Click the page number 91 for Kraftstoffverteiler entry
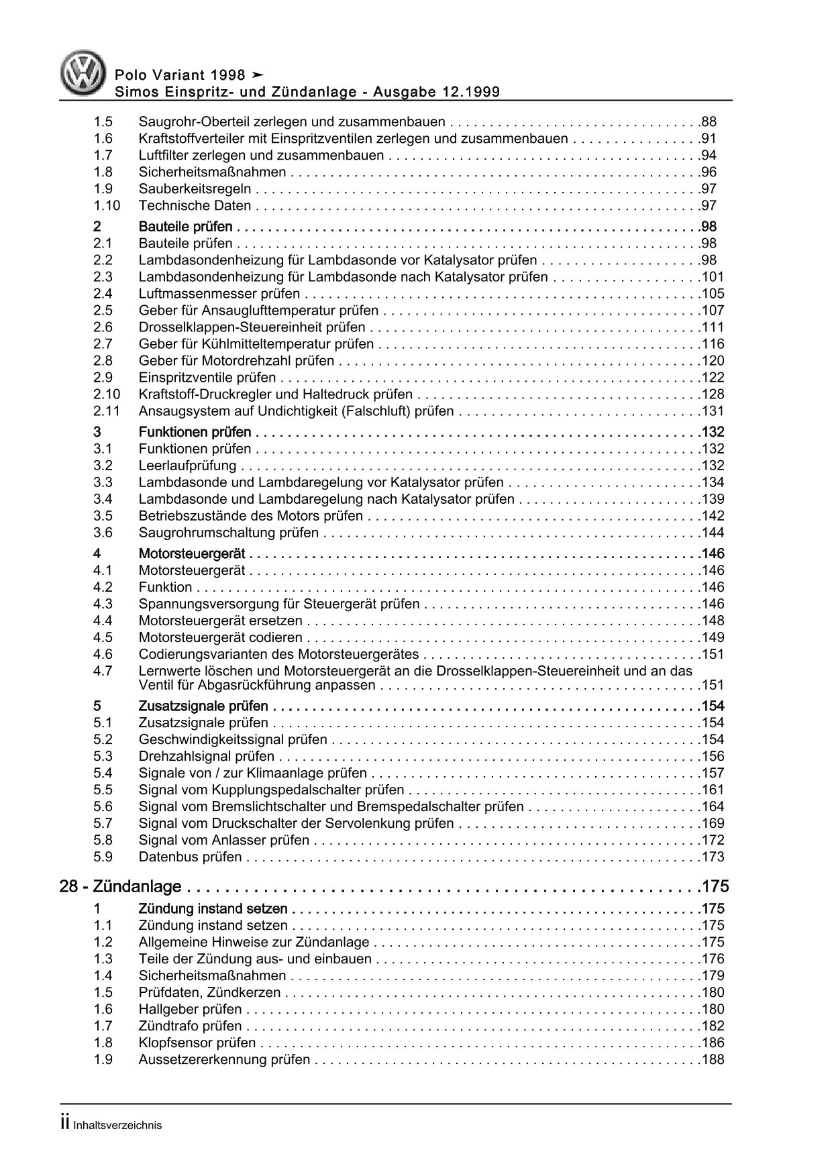tap(709, 139)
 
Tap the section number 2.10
tap(106, 394)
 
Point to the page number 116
tap(712, 344)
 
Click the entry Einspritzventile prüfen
tap(207, 378)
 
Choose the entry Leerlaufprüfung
tap(187, 466)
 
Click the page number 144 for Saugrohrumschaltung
tap(712, 533)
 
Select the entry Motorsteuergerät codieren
tap(220, 637)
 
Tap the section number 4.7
tap(103, 671)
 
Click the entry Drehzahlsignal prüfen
tap(206, 756)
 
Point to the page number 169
tap(712, 823)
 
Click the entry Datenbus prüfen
tap(190, 857)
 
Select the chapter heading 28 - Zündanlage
tap(120, 887)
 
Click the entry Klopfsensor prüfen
tap(197, 1043)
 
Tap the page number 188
tap(712, 1059)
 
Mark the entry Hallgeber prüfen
tap(190, 1009)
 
